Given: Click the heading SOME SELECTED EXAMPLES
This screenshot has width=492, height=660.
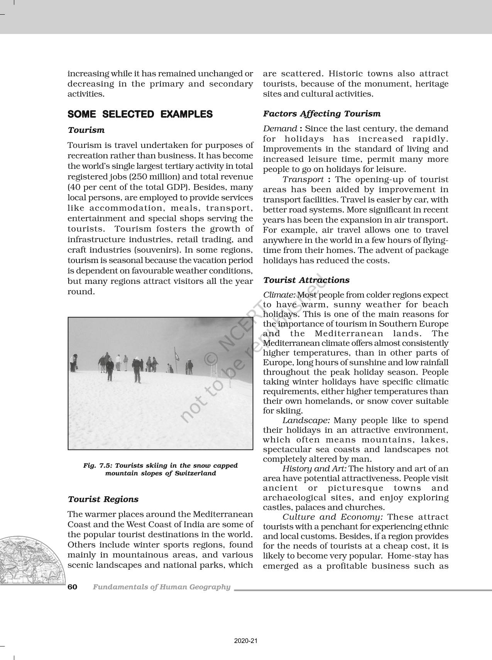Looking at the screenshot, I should [140, 114].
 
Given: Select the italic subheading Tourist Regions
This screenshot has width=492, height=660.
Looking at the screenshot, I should [103, 499].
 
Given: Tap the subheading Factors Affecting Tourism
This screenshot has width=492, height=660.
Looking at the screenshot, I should [321, 114].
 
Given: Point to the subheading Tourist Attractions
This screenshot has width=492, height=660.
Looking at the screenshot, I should [306, 280].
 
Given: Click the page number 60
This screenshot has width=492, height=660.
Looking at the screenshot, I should [73, 587].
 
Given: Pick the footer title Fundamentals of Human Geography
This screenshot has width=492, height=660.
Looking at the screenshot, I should [161, 587].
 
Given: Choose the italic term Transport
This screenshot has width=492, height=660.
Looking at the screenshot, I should [303, 179].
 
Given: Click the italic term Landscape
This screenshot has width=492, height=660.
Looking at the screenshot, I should [306, 420].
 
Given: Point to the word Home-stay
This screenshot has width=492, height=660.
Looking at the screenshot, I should [406, 556].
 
